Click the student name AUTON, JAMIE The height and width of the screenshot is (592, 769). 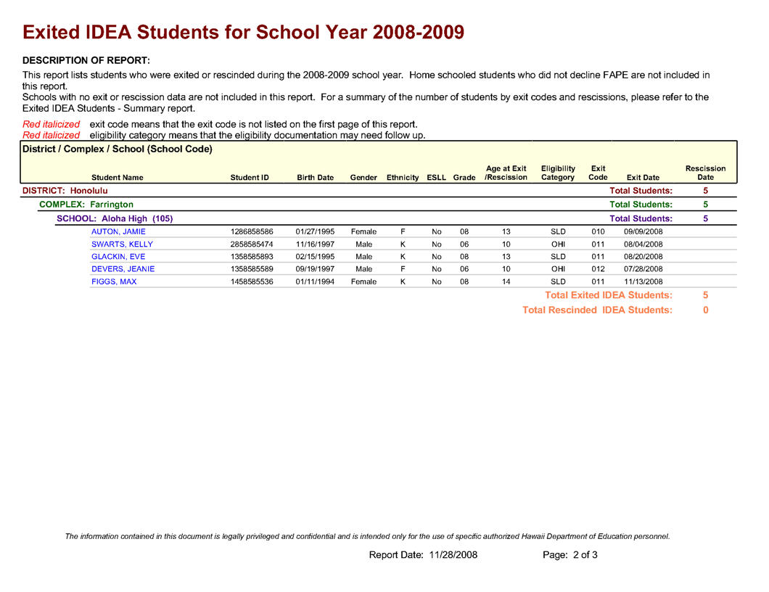pyautogui.click(x=118, y=231)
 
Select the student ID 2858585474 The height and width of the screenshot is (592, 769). pyautogui.click(x=251, y=244)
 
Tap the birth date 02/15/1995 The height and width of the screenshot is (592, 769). pyautogui.click(x=315, y=256)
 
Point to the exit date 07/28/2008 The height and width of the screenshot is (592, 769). pyautogui.click(x=643, y=269)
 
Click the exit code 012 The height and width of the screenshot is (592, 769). pyautogui.click(x=598, y=269)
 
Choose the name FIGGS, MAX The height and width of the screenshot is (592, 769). pyautogui.click(x=114, y=281)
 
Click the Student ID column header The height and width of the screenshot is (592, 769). pyautogui.click(x=250, y=178)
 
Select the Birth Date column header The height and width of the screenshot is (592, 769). pyautogui.click(x=315, y=178)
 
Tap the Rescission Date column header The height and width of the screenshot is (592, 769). pyautogui.click(x=705, y=173)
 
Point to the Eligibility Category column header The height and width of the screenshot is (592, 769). pyautogui.click(x=558, y=173)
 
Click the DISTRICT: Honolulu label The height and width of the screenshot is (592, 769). pyautogui.click(x=65, y=190)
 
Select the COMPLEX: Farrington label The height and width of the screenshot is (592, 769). pyautogui.click(x=86, y=205)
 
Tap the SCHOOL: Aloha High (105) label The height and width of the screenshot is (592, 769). pyautogui.click(x=115, y=218)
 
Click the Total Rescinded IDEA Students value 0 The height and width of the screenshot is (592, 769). pyautogui.click(x=705, y=310)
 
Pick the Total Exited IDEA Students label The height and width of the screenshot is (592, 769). pyautogui.click(x=608, y=295)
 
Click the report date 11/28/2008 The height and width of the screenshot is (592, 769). pyautogui.click(x=453, y=555)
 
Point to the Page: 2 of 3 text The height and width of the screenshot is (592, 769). pyautogui.click(x=570, y=555)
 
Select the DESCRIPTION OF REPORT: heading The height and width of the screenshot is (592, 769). pyautogui.click(x=86, y=60)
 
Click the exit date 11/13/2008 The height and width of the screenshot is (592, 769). pyautogui.click(x=643, y=281)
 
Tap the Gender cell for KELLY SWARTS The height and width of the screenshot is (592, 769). pyautogui.click(x=363, y=244)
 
